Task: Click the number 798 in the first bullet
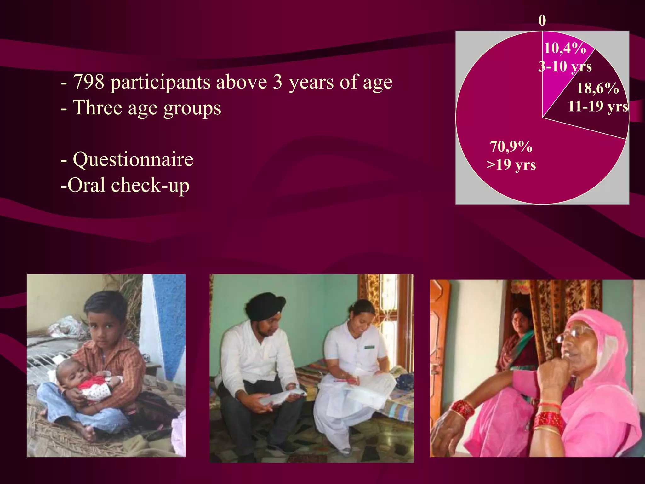pos(88,82)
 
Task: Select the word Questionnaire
pos(133,159)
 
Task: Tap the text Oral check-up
pos(125,185)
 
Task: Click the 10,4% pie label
pos(565,48)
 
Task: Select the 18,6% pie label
pos(597,88)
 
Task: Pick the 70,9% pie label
pos(511,147)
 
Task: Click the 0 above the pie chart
pos(542,21)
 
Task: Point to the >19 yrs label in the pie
pos(511,165)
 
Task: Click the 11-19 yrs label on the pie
pos(597,107)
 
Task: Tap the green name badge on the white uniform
pos(369,347)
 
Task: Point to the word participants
pos(161,82)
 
